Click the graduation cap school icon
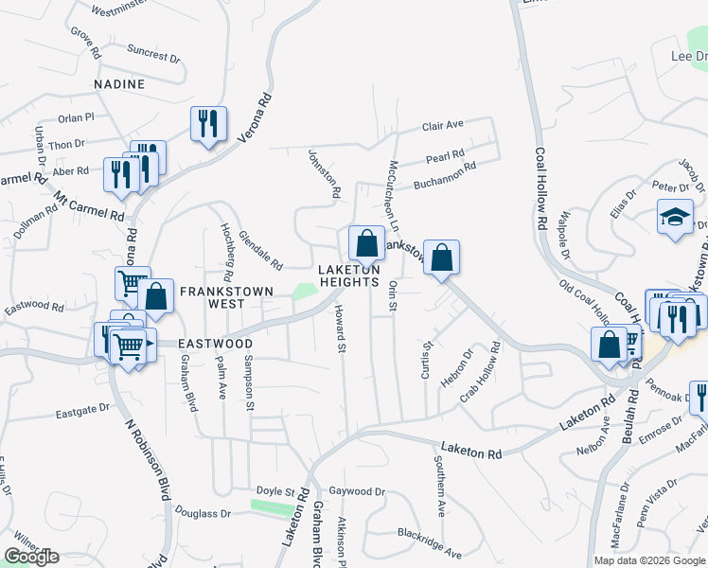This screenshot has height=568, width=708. click(675, 217)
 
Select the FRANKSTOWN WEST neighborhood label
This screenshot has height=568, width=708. click(214, 297)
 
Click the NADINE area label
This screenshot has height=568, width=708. click(119, 84)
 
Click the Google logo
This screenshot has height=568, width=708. click(31, 557)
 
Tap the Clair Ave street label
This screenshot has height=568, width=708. click(442, 125)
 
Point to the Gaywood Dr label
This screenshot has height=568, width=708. click(357, 492)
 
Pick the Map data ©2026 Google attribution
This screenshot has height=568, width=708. click(649, 560)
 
